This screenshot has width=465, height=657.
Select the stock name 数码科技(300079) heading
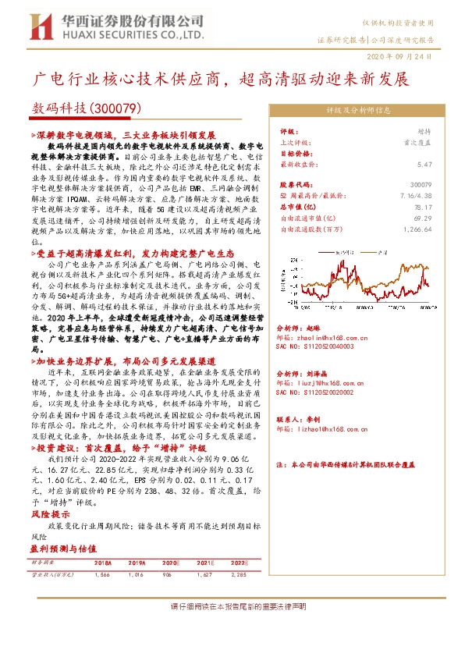86,108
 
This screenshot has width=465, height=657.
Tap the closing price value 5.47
424,165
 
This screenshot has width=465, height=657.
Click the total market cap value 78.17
423,207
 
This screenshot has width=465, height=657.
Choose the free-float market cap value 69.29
423,218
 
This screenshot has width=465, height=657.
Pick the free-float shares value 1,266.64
416,229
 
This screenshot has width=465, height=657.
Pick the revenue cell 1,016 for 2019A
137,574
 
